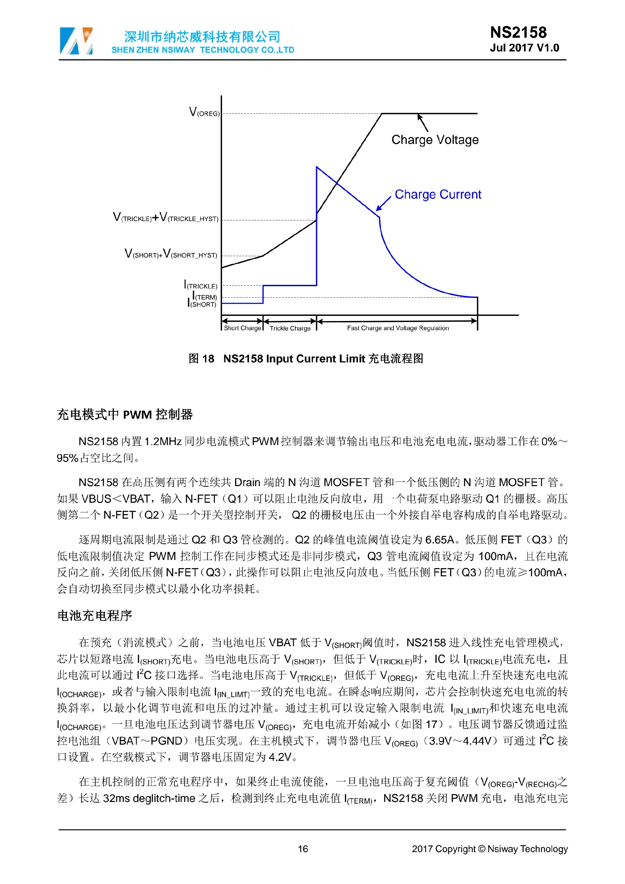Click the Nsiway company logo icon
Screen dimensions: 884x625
tap(76, 40)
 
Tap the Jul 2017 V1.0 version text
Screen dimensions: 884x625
tap(524, 48)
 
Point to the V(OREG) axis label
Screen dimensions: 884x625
tap(204, 112)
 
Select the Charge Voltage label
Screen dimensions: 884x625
tap(435, 140)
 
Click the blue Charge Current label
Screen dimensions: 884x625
tap(438, 194)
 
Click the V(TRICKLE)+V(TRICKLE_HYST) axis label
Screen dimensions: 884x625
tap(165, 217)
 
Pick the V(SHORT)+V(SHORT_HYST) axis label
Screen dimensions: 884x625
tap(171, 254)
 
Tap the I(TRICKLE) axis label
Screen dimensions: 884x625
tap(201, 285)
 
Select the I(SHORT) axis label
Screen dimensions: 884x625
tap(202, 304)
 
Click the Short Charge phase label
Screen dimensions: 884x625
tap(242, 328)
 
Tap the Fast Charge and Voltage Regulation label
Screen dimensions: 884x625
tap(397, 328)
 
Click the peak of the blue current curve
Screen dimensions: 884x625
tap(317, 167)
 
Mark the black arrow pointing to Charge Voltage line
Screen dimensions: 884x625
tap(423, 123)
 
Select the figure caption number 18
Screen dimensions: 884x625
tap(208, 359)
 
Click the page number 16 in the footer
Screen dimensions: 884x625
tap(303, 849)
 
